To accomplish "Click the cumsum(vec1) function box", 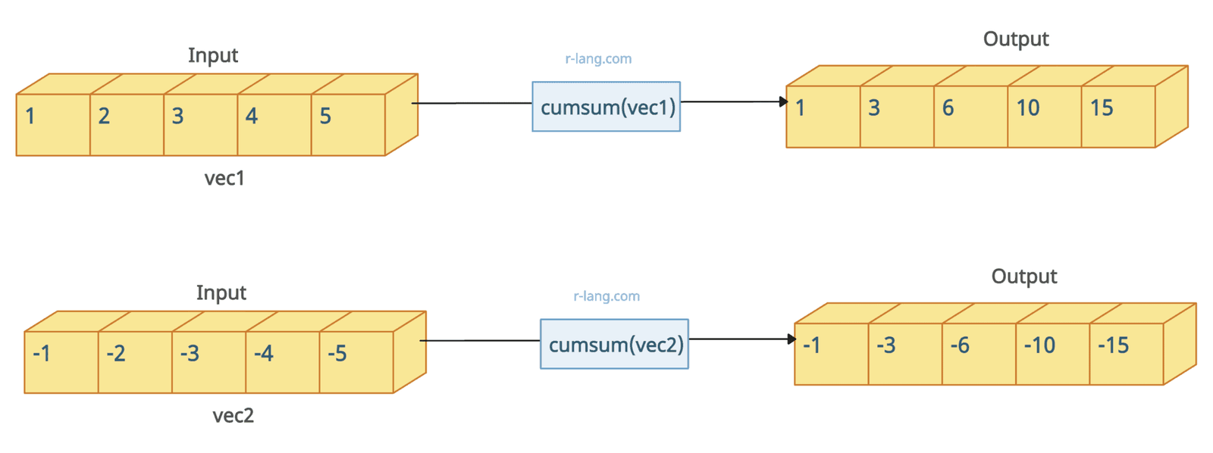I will point(606,107).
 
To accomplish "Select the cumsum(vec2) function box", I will point(614,344).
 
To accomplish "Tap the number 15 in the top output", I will point(1101,108).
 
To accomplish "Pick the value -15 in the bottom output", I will point(1113,345).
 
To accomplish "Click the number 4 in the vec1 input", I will point(252,116).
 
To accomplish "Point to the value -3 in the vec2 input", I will point(190,353).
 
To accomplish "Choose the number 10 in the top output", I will point(1027,108).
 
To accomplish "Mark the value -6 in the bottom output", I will point(959,345).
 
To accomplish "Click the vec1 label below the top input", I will point(224,178).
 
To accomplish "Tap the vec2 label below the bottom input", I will point(233,415).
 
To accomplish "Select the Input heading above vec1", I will point(213,55).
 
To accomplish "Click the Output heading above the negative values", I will point(1023,276).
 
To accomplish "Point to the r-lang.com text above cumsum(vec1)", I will point(598,59).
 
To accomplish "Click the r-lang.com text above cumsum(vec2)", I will point(606,296).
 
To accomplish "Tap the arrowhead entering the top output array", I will point(783,102).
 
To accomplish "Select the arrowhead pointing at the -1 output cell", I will point(791,339).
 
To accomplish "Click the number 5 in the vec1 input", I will point(325,116).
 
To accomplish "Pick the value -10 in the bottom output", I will point(1039,345).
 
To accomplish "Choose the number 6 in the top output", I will point(948,108).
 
